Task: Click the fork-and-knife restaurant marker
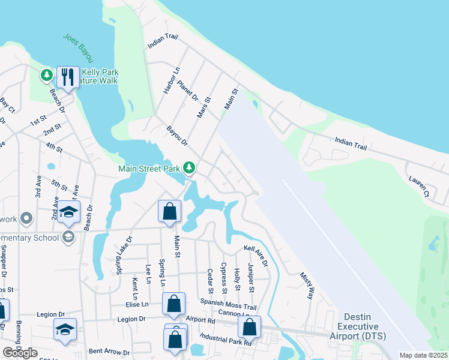67,77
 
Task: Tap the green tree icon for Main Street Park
190,167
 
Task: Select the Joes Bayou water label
79,47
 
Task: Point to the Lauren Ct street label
419,186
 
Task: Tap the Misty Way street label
307,285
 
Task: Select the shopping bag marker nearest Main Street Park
169,211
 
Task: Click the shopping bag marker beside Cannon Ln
249,328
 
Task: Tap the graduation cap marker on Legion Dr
65,329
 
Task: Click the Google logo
20,353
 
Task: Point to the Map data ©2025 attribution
423,355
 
